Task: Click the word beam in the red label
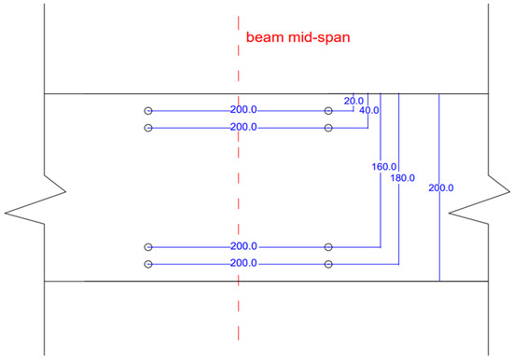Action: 263,38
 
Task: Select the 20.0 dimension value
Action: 354,100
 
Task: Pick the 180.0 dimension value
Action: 406,177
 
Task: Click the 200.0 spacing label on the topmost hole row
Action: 243,111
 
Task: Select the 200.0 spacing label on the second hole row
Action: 243,127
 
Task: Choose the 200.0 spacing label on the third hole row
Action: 243,247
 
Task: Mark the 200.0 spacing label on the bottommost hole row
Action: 243,265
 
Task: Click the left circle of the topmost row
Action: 147,111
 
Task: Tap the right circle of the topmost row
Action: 328,111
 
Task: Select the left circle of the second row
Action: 147,127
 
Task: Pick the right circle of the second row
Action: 328,127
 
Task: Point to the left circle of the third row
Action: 147,247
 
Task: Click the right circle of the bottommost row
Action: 328,265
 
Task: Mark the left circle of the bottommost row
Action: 147,265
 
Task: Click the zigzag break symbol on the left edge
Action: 37,193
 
